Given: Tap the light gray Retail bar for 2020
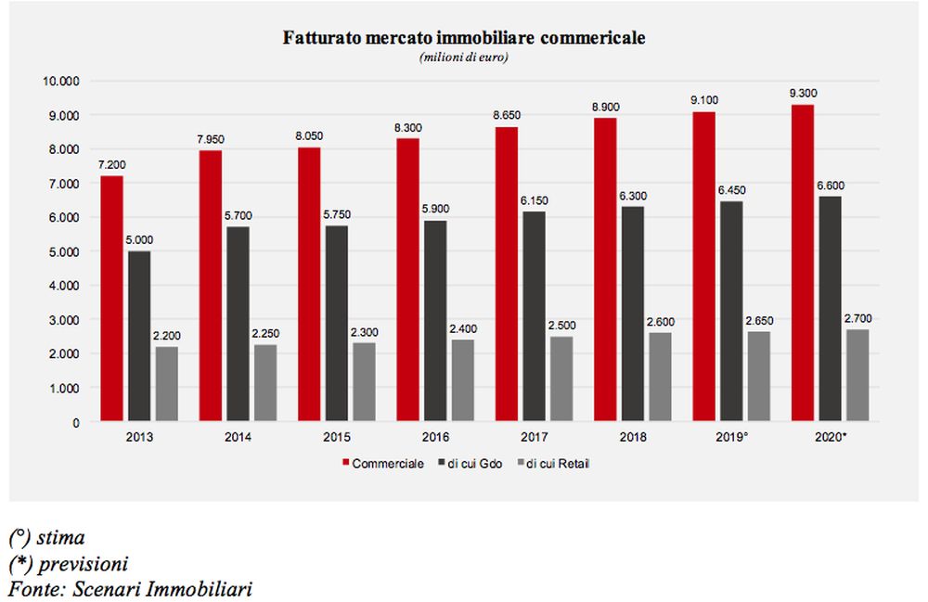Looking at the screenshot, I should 857,376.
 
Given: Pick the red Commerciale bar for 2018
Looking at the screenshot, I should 604,270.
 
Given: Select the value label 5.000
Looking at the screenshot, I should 140,239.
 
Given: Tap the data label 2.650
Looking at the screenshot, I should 758,320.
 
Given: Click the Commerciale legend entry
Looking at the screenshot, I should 382,464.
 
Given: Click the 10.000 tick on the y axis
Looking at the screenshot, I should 62,81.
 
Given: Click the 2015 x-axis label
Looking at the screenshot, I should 337,438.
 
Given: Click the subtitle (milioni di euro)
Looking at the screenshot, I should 464,58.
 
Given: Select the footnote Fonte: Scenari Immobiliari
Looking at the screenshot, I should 131,588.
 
